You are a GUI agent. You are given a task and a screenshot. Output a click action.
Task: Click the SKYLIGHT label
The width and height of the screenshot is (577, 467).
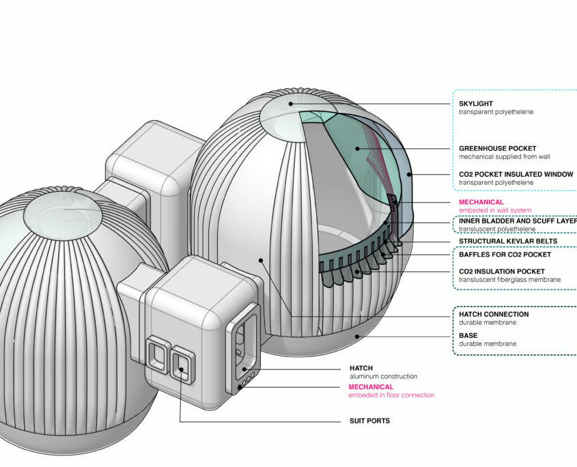tap(476, 104)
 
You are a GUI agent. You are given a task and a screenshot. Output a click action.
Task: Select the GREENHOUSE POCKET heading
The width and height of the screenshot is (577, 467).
tap(497, 148)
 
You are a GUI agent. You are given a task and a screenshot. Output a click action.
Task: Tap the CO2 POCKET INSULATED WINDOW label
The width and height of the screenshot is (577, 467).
tap(516, 174)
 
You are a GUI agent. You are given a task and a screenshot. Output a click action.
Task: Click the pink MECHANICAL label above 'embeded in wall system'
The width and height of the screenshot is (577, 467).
tap(481, 202)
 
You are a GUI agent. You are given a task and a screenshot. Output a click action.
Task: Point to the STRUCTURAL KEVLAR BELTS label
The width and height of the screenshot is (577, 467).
tap(508, 241)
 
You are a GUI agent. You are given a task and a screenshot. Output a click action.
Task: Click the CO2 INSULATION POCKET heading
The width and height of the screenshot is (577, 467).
tap(502, 272)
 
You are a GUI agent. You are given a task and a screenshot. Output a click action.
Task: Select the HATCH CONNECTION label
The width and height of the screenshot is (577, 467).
tap(494, 315)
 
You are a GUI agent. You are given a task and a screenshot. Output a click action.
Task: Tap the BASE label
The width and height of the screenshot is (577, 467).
tap(468, 336)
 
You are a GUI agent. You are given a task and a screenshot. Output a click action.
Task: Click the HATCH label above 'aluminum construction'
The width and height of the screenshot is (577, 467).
tap(361, 368)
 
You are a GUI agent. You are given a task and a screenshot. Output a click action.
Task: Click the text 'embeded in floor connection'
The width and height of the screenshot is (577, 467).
tap(391, 395)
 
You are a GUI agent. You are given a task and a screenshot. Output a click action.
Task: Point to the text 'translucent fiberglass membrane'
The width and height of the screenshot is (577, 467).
tap(509, 280)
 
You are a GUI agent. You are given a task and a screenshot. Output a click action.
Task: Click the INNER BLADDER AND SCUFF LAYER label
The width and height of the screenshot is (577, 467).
tap(516, 221)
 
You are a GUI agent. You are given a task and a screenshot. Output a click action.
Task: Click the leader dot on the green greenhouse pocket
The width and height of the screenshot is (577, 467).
tap(356, 148)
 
